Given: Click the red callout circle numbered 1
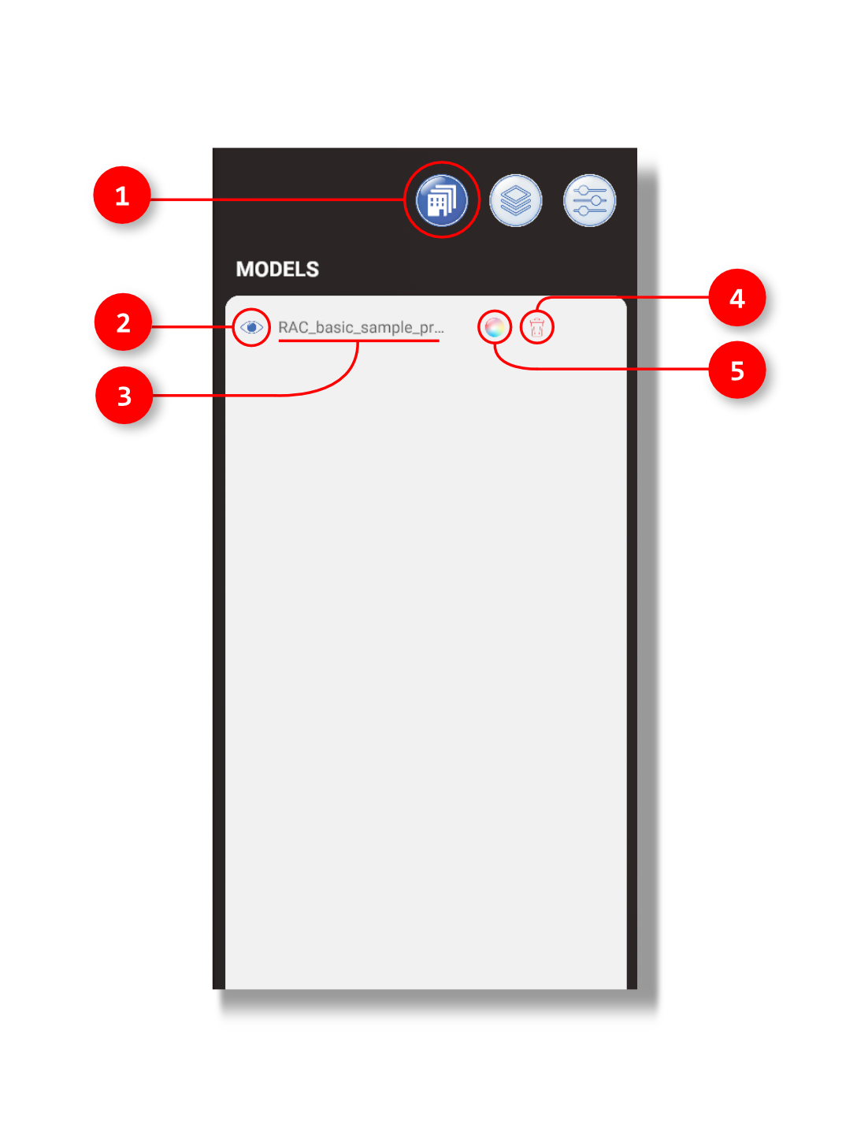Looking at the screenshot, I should click(x=122, y=195).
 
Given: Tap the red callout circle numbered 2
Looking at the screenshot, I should click(x=123, y=322).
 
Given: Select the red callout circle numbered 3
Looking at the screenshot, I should click(x=124, y=396).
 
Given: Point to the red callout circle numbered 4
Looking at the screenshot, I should click(x=736, y=298).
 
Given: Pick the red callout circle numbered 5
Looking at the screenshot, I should click(x=736, y=370).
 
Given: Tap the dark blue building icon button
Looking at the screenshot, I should click(x=442, y=200).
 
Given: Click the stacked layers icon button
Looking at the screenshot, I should click(x=516, y=200).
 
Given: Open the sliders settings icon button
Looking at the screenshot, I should click(x=589, y=200).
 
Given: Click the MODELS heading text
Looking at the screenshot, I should click(x=277, y=270).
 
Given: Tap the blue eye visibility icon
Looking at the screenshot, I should click(x=251, y=327).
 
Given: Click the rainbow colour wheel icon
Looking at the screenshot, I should click(x=495, y=326).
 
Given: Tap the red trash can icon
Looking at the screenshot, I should click(x=537, y=327).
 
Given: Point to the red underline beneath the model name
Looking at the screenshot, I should click(x=358, y=341).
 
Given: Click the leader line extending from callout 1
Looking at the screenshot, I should click(x=276, y=199).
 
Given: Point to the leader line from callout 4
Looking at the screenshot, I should click(x=630, y=297).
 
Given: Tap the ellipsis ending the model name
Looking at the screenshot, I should click(x=440, y=330).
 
